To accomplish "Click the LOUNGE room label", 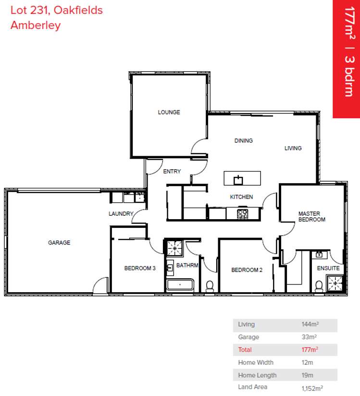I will coord(169,112).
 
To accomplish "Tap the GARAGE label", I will coord(59,243).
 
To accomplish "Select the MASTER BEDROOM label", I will coord(311,216).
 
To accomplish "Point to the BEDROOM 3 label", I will coord(140,268).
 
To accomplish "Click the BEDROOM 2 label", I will coord(247,270).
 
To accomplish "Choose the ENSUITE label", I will coord(328,268).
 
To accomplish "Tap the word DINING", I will coord(243,141).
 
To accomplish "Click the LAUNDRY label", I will coord(121,213).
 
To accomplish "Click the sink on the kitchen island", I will coord(238,180).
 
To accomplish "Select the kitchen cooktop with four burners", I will coord(243,214).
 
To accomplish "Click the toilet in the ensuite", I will coord(318,286).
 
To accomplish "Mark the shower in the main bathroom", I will coord(174,248).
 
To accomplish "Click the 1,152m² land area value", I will coord(312,387).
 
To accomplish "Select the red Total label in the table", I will coord(245,350).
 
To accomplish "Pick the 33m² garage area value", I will coord(309,337).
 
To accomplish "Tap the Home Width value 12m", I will coord(306,362).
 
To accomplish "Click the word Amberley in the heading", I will coord(36,25).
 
